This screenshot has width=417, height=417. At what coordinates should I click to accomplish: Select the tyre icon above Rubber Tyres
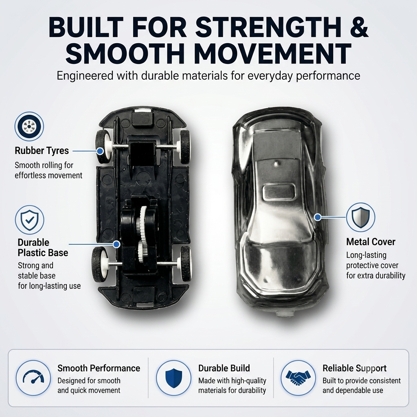tap(29, 126)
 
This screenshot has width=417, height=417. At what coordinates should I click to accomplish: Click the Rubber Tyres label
tap(42, 151)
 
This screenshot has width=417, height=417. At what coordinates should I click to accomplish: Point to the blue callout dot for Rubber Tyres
tap(100, 151)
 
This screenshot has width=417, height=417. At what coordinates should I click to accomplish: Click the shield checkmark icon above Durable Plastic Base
tap(29, 219)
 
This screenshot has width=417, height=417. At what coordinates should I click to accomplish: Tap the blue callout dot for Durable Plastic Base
tap(116, 244)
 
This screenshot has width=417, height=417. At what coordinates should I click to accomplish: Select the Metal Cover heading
tap(371, 241)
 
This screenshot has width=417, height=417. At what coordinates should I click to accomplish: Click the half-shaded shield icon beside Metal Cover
tap(360, 217)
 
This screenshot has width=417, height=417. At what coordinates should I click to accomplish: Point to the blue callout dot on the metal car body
tap(317, 217)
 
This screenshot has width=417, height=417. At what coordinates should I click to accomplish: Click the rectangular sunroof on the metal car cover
tap(279, 192)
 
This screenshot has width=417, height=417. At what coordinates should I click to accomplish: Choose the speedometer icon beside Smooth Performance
tap(33, 377)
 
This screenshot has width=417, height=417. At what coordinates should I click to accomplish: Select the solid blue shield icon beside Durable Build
tap(173, 377)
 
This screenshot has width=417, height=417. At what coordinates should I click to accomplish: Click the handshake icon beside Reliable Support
tap(298, 377)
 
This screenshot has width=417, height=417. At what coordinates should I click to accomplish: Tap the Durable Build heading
tap(224, 368)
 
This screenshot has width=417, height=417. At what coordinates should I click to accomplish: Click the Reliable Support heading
tap(355, 368)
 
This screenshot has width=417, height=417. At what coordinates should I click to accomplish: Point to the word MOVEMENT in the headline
tap(274, 53)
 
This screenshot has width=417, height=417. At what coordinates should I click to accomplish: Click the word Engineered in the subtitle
tap(85, 76)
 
